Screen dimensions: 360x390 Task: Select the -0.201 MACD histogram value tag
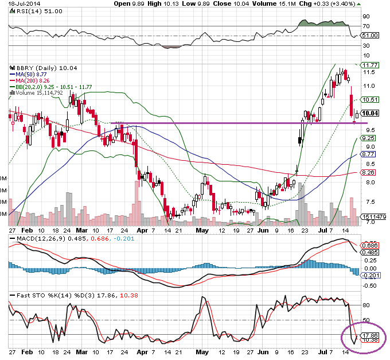tap(369, 275)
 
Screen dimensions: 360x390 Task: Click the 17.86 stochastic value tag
tap(369, 335)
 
